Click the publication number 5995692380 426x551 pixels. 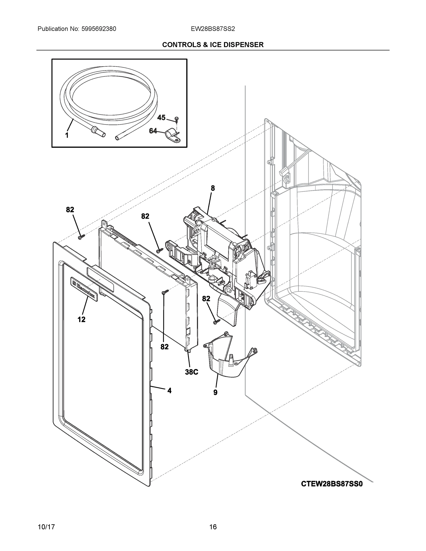pyautogui.click(x=99, y=29)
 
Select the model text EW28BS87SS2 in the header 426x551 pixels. pyautogui.click(x=213, y=29)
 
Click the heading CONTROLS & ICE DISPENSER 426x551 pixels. pyautogui.click(x=213, y=45)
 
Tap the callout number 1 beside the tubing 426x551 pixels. pyautogui.click(x=67, y=135)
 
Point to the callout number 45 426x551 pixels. pyautogui.click(x=161, y=118)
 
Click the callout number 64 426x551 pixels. pyautogui.click(x=153, y=131)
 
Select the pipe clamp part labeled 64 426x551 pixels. pyautogui.click(x=173, y=136)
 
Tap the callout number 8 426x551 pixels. pyautogui.click(x=213, y=188)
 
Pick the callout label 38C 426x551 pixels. pyautogui.click(x=192, y=372)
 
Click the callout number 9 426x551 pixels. pyautogui.click(x=215, y=392)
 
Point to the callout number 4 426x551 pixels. pyautogui.click(x=169, y=391)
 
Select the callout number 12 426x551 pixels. pyautogui.click(x=81, y=320)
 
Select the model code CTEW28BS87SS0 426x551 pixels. pyautogui.click(x=332, y=484)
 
